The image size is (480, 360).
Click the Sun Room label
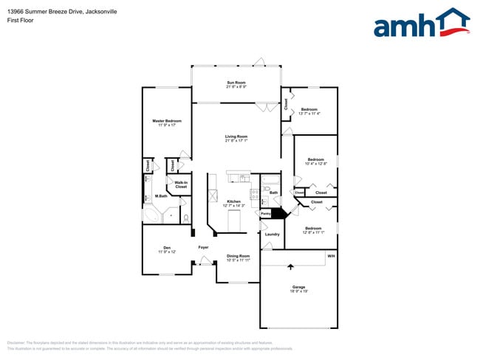[236, 83]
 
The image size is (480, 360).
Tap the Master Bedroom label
[167, 121]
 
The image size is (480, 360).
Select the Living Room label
[236, 136]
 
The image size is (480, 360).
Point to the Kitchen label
[234, 201]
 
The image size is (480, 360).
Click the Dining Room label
[238, 256]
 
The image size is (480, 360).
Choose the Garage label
[298, 287]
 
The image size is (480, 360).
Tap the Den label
[167, 248]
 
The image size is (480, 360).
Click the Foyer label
[203, 247]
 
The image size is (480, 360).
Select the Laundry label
[272, 235]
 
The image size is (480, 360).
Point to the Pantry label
[265, 215]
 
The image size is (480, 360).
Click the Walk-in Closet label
[181, 184]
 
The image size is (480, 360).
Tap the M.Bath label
[160, 195]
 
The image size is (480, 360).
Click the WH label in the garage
[331, 256]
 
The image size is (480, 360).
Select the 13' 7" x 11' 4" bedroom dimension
[309, 114]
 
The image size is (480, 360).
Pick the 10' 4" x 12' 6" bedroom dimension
[315, 164]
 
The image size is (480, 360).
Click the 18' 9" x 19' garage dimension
[298, 291]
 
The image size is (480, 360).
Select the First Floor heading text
[20, 21]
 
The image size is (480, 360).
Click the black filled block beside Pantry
[279, 213]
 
